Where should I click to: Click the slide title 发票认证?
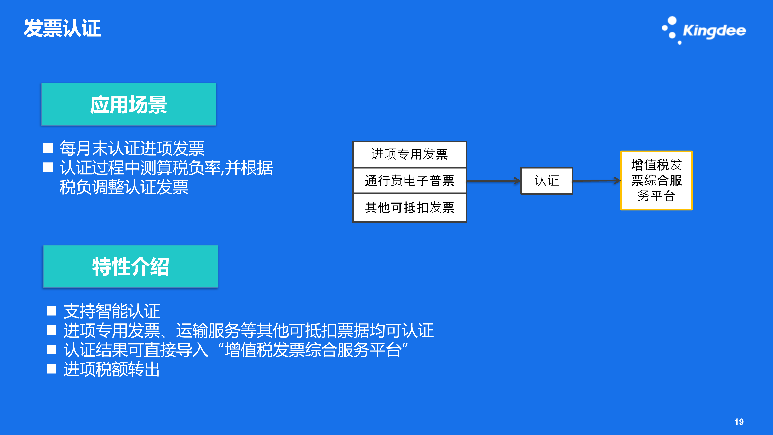pos(62,28)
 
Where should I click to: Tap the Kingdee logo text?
pos(714,31)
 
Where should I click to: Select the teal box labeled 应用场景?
pos(129,104)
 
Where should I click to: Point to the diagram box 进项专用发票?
pos(410,154)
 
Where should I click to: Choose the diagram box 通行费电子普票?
pos(410,180)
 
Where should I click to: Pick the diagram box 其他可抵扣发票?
pos(410,207)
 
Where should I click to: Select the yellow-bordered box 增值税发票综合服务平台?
pos(656,180)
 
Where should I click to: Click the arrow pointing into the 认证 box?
pos(494,181)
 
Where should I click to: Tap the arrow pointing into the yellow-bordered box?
pos(597,181)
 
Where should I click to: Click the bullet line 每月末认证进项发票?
pos(132,148)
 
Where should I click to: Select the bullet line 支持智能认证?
pos(112,311)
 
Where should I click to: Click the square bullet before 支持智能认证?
pos(52,311)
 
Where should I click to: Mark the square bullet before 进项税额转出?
pos(52,369)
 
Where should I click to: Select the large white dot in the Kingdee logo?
pos(672,21)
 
